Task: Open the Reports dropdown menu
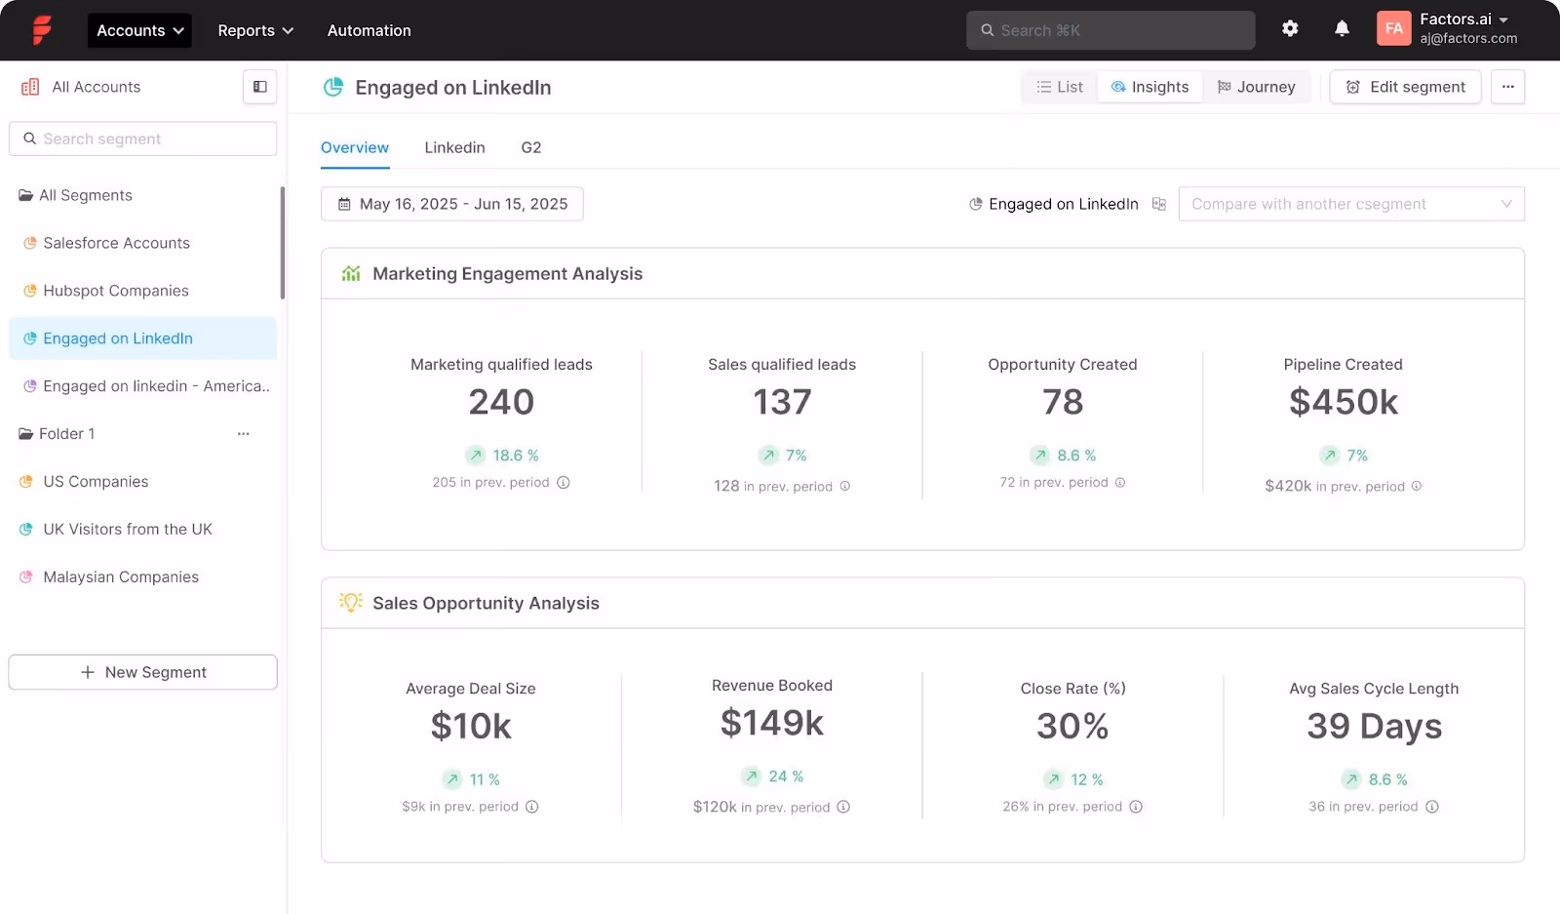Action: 254,30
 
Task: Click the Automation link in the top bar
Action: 369,30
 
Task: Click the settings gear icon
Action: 1290,28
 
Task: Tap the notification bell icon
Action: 1342,28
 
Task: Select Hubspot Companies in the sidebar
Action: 115,291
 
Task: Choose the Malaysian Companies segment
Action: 120,576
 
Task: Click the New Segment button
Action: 143,672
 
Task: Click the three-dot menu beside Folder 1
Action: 243,434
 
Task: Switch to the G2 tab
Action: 530,147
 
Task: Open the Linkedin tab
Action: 454,147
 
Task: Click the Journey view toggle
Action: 1256,87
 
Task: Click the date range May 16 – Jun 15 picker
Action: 452,204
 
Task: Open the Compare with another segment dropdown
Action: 1350,204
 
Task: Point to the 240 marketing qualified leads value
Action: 501,402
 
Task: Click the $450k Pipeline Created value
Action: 1343,402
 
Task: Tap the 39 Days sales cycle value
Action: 1374,726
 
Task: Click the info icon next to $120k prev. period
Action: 843,807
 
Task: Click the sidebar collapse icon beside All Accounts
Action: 259,87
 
